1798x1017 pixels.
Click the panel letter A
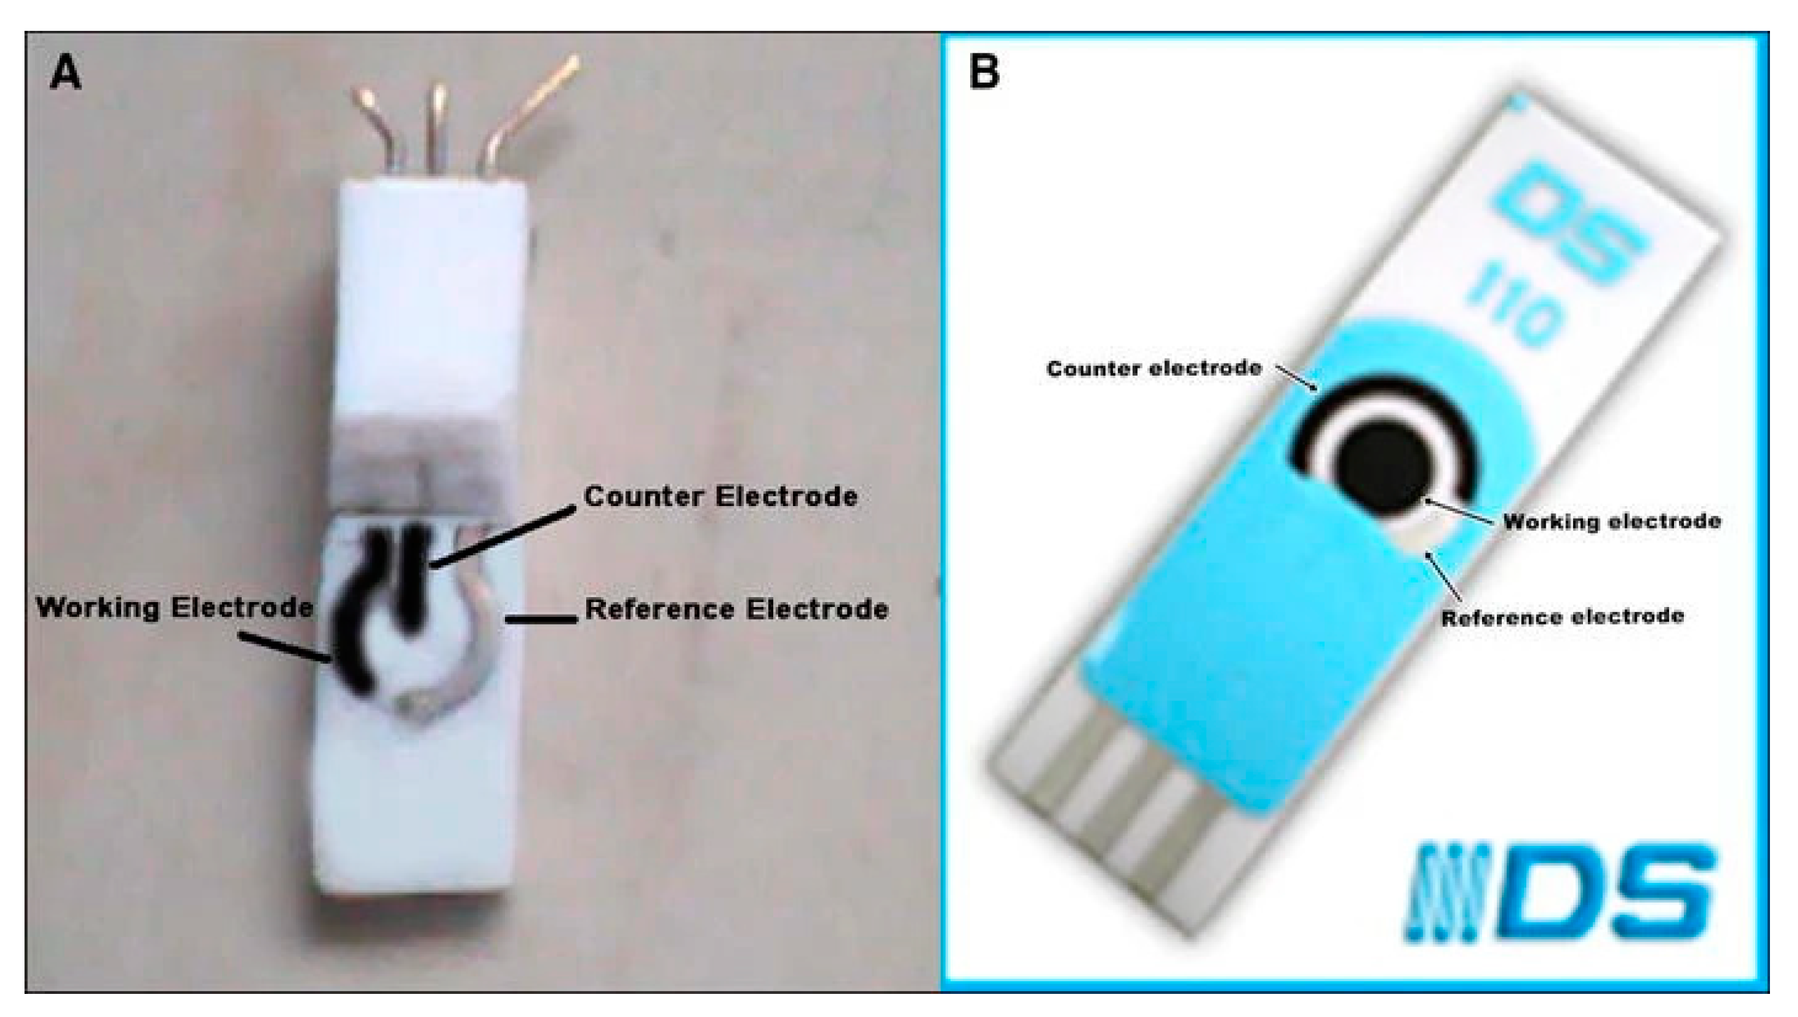coord(65,74)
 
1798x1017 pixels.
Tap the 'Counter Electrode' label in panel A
coord(720,497)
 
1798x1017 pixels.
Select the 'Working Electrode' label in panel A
coord(174,607)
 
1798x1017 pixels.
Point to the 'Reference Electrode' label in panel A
coord(736,609)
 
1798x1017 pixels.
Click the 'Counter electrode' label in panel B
coord(1153,368)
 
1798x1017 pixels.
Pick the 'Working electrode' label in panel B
coord(1612,521)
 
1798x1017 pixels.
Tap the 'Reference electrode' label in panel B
coord(1562,617)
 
